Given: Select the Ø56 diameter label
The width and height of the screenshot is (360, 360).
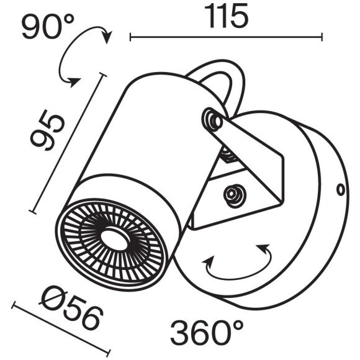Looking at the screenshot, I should pyautogui.click(x=70, y=310).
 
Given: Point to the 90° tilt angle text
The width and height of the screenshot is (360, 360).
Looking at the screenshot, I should pyautogui.click(x=48, y=27).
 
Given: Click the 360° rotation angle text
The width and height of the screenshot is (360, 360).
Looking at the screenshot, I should pyautogui.click(x=207, y=333).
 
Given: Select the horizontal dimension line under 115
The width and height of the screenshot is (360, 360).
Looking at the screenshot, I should pyautogui.click(x=226, y=37).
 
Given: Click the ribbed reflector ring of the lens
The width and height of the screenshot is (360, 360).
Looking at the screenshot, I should pyautogui.click(x=93, y=248).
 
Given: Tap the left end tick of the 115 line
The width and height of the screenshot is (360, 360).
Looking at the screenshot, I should pyautogui.click(x=130, y=37).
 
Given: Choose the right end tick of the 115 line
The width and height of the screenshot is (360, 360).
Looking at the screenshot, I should pyautogui.click(x=322, y=37).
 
